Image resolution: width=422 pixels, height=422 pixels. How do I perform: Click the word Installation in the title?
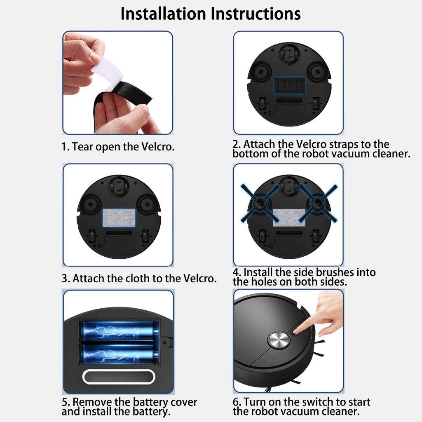(163, 14)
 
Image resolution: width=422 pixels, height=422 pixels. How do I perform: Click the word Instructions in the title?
(256, 14)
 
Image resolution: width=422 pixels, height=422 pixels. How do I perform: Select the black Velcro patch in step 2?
(290, 85)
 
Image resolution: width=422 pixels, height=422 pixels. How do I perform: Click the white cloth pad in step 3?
(119, 218)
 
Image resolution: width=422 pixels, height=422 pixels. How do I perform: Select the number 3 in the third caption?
(64, 279)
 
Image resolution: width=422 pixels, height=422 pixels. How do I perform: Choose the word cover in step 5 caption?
(184, 402)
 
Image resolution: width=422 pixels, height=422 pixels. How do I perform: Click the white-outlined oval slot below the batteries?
(119, 377)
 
